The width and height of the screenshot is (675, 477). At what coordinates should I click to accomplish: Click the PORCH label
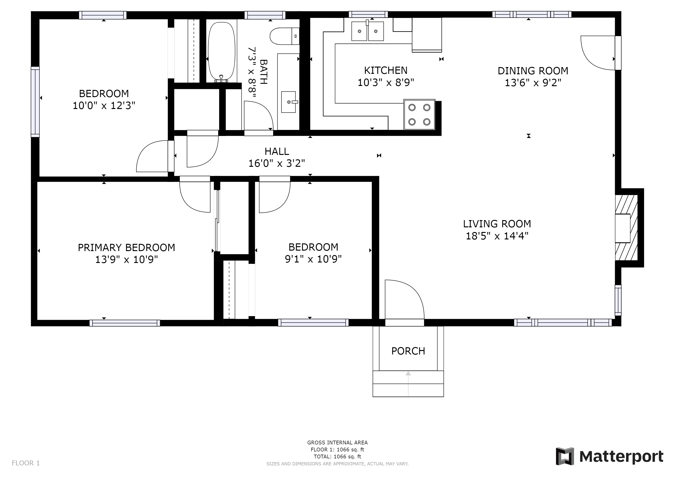(x=408, y=351)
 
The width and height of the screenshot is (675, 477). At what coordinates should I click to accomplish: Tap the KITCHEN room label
(x=386, y=71)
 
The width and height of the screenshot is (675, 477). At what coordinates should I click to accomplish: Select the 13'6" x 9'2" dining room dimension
(x=533, y=83)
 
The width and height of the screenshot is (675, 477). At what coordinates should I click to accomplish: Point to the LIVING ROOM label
(x=497, y=224)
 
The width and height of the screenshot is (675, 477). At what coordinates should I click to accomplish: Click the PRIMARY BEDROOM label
(x=126, y=248)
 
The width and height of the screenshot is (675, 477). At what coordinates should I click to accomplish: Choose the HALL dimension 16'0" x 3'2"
(x=277, y=163)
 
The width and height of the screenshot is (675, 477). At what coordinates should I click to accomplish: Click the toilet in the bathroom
(x=285, y=36)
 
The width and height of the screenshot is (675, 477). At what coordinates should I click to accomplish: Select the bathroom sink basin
(x=288, y=102)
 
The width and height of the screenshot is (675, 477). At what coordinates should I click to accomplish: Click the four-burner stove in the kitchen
(x=419, y=115)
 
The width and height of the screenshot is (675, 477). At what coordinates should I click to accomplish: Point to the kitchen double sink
(x=368, y=31)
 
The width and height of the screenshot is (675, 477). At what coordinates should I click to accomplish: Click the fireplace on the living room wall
(x=627, y=228)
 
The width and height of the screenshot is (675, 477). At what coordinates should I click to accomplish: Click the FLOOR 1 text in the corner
(x=26, y=463)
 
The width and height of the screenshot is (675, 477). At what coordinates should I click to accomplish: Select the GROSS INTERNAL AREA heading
(x=337, y=443)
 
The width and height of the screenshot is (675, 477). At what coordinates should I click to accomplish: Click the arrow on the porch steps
(x=408, y=384)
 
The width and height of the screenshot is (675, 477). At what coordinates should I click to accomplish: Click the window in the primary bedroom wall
(x=125, y=323)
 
